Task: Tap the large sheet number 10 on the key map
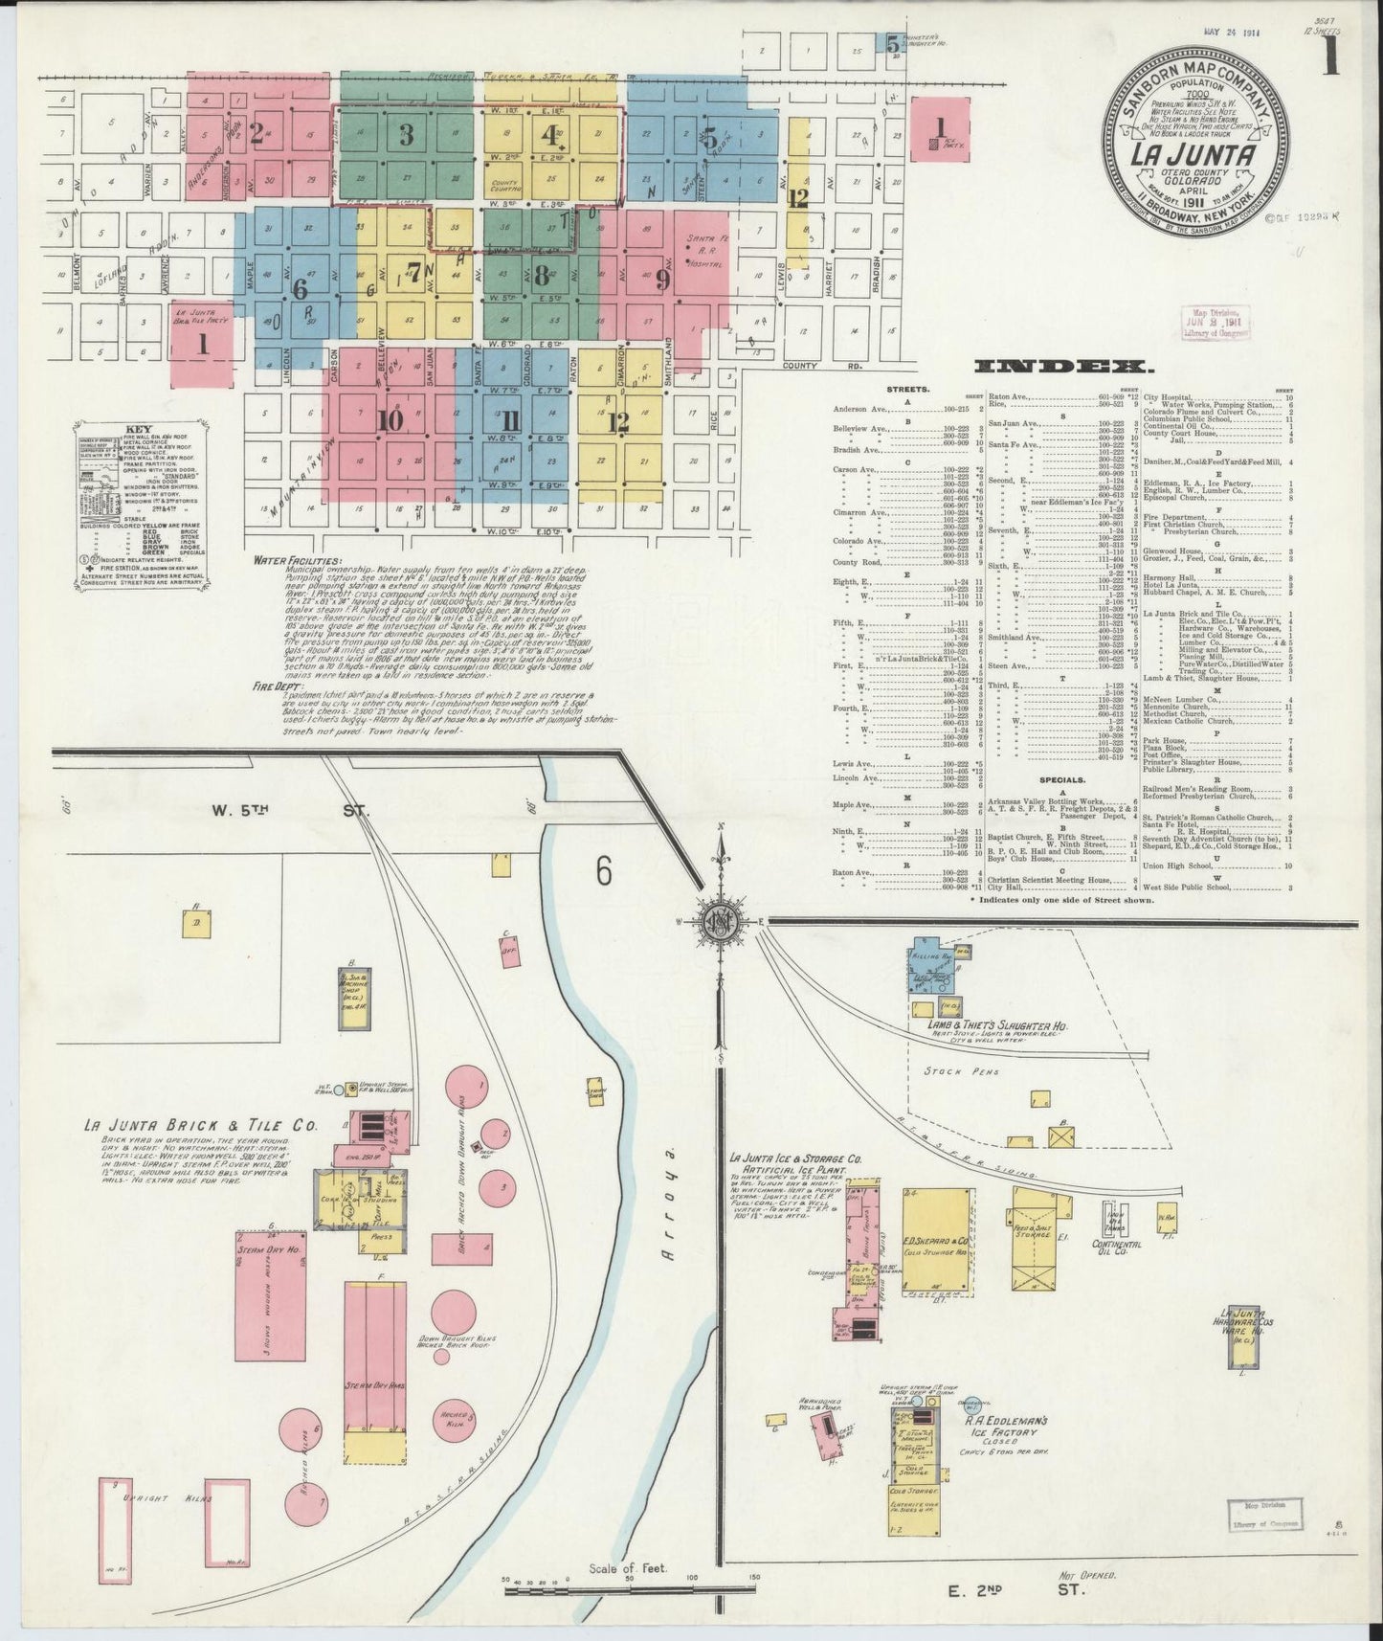pyautogui.click(x=389, y=420)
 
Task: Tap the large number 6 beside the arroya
pyautogui.click(x=602, y=869)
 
